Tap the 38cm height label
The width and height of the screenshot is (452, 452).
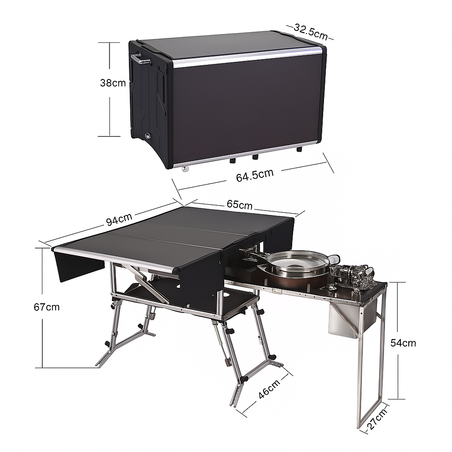tap(113, 83)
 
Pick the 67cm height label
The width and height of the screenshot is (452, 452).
tap(46, 307)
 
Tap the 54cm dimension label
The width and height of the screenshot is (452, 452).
tap(403, 343)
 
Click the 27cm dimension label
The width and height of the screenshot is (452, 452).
tap(377, 419)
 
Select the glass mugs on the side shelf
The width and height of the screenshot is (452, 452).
tap(353, 276)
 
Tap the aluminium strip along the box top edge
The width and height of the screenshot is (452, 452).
tap(247, 57)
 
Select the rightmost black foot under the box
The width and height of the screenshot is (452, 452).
tap(299, 149)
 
